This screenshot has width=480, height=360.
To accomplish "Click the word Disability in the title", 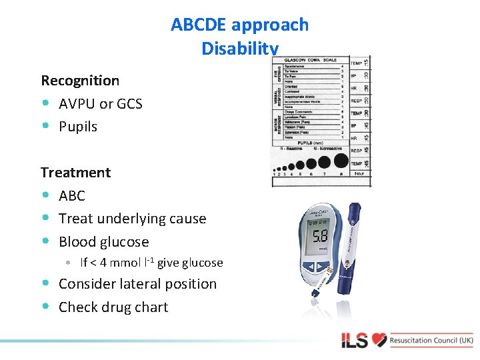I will coord(239,48).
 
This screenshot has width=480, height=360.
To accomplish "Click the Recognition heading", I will coord(80,81).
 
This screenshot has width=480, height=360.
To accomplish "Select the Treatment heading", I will coord(75,173).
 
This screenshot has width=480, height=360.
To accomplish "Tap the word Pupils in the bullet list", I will coord(78,127).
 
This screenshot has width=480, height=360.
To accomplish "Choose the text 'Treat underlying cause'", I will coord(132,219).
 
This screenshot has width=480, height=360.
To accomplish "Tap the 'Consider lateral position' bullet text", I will coord(137,284).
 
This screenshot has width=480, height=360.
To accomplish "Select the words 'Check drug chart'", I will coord(113,307).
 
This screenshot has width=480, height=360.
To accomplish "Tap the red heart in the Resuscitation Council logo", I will coord(379,340).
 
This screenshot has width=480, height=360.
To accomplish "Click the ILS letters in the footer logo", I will coord(355,341).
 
